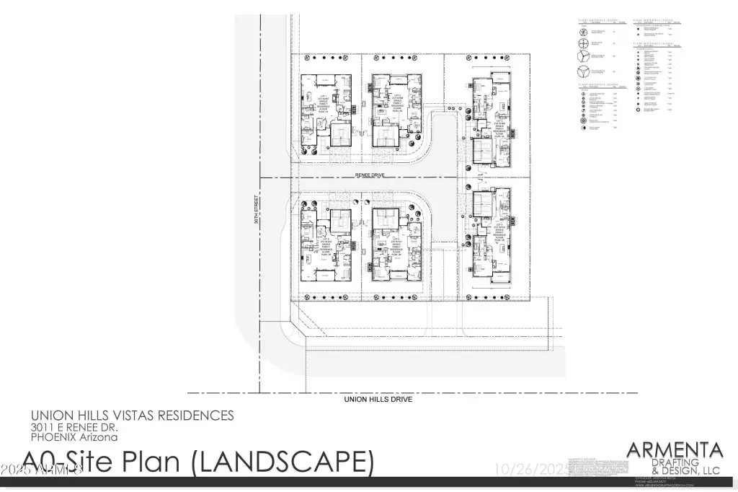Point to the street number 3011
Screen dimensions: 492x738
(x=42, y=427)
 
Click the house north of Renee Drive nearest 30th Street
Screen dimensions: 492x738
(x=326, y=110)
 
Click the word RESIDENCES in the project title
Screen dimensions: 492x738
(x=198, y=416)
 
